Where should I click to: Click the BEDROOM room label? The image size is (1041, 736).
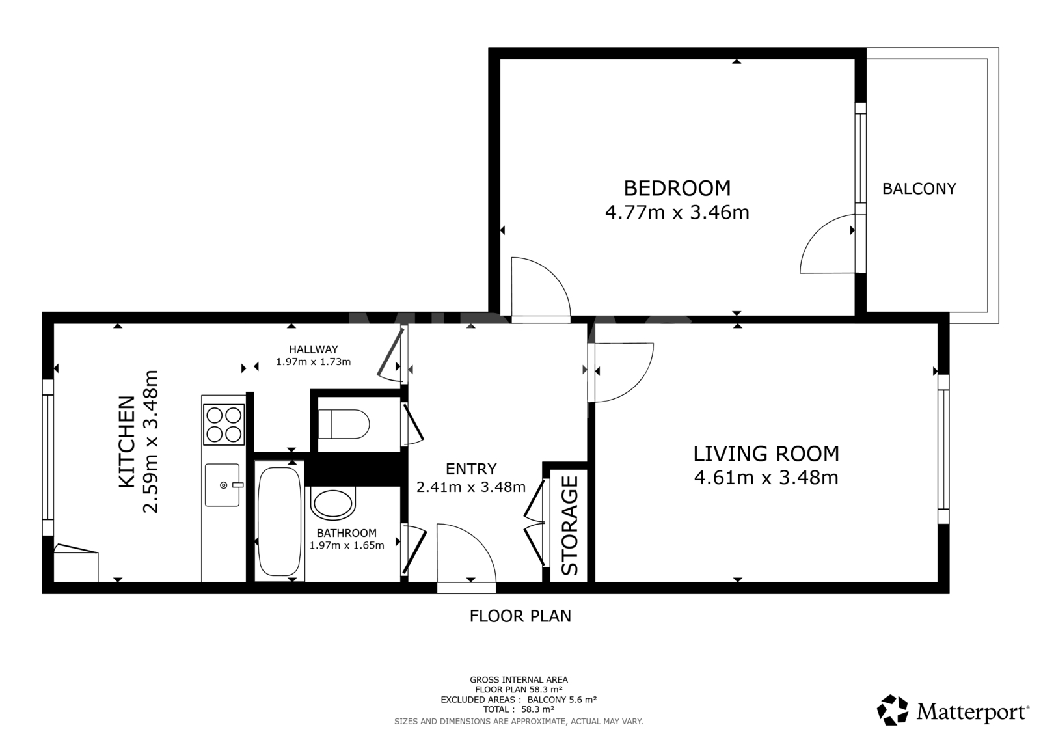click(x=677, y=188)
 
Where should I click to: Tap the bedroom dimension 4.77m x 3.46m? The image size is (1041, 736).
click(x=677, y=213)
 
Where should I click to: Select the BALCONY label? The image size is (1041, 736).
click(x=919, y=189)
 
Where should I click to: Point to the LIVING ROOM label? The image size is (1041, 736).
click(x=766, y=454)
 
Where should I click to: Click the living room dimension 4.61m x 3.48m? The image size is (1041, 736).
click(x=766, y=478)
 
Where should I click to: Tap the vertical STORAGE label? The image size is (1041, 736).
click(x=570, y=525)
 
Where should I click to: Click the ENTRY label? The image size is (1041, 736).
click(x=471, y=469)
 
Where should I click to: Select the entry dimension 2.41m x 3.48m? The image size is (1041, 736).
click(x=471, y=487)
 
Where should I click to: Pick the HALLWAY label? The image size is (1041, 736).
click(x=313, y=349)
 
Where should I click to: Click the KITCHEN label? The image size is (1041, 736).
click(x=128, y=442)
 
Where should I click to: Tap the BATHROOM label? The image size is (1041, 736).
click(x=347, y=533)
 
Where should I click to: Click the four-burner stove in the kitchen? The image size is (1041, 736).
click(x=224, y=424)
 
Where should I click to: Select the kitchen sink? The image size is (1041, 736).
click(x=223, y=485)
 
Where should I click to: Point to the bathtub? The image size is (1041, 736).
click(x=279, y=522)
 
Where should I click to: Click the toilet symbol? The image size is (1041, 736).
click(x=344, y=424)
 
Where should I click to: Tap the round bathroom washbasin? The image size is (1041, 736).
click(x=332, y=504)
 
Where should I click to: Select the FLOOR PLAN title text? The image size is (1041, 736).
click(x=520, y=616)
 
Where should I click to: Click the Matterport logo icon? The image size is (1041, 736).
click(x=893, y=711)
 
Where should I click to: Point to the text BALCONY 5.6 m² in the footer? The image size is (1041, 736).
click(x=562, y=700)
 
